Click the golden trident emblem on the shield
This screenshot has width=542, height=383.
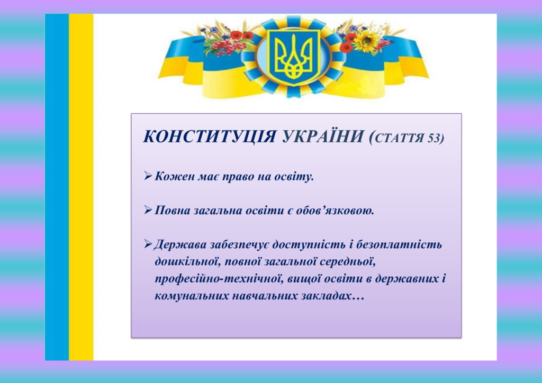pyautogui.click(x=293, y=57)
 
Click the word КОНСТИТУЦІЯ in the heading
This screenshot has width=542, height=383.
pyautogui.click(x=209, y=137)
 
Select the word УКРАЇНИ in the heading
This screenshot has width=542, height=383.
pyautogui.click(x=322, y=136)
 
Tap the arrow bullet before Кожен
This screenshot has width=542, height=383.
pyautogui.click(x=148, y=177)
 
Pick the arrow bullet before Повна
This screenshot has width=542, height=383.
pyautogui.click(x=148, y=210)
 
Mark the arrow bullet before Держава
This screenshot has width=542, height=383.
pyautogui.click(x=148, y=244)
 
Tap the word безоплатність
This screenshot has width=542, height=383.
pyautogui.click(x=399, y=244)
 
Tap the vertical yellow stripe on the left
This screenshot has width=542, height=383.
pyautogui.click(x=81, y=187)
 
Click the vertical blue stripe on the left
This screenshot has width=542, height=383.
pyautogui.click(x=57, y=187)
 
